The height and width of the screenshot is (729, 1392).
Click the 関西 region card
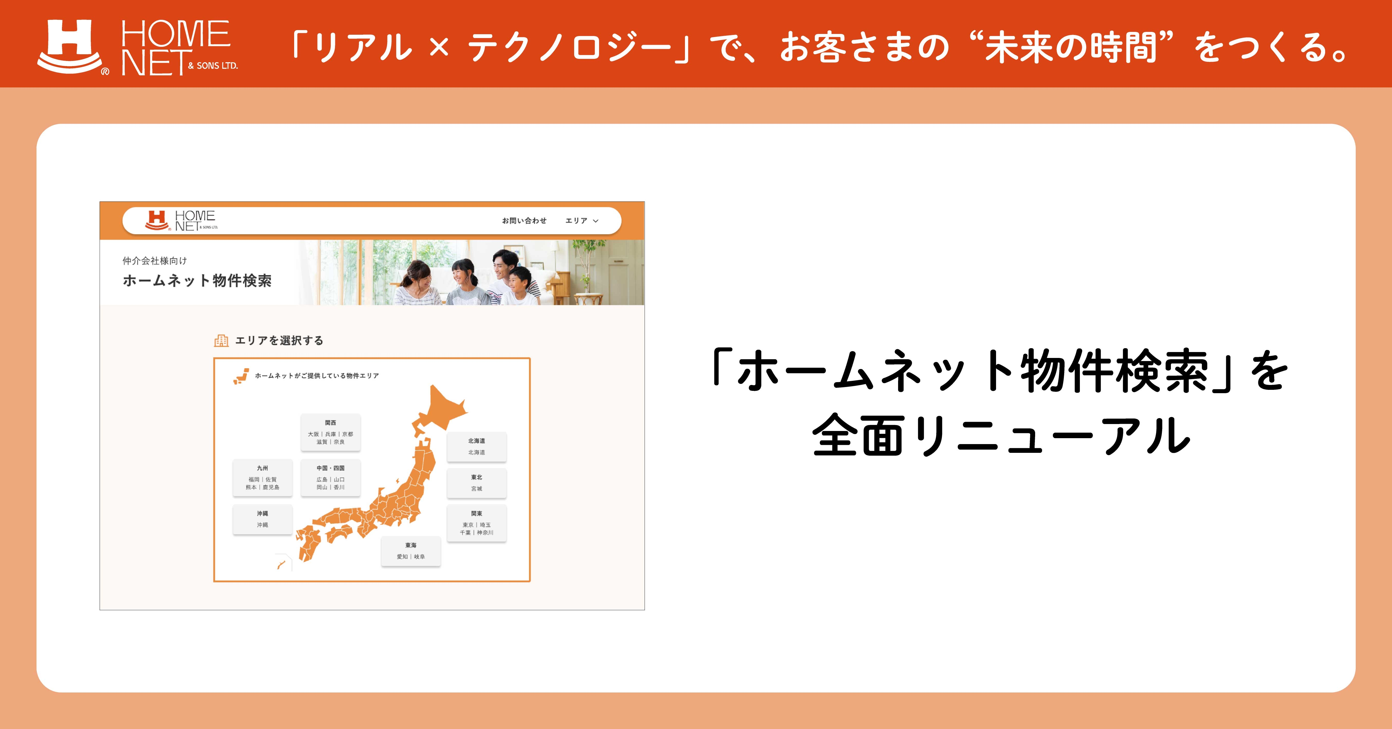pyautogui.click(x=330, y=432)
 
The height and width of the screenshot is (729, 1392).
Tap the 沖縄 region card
pyautogui.click(x=263, y=519)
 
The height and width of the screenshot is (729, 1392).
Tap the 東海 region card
pyautogui.click(x=411, y=551)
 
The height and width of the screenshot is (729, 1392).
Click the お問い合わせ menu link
pyautogui.click(x=524, y=220)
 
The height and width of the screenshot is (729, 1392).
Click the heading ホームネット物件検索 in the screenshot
pyautogui.click(x=197, y=281)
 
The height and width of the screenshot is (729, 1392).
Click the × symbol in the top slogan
pyautogui.click(x=439, y=47)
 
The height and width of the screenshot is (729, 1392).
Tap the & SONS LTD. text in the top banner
pyautogui.click(x=213, y=66)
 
